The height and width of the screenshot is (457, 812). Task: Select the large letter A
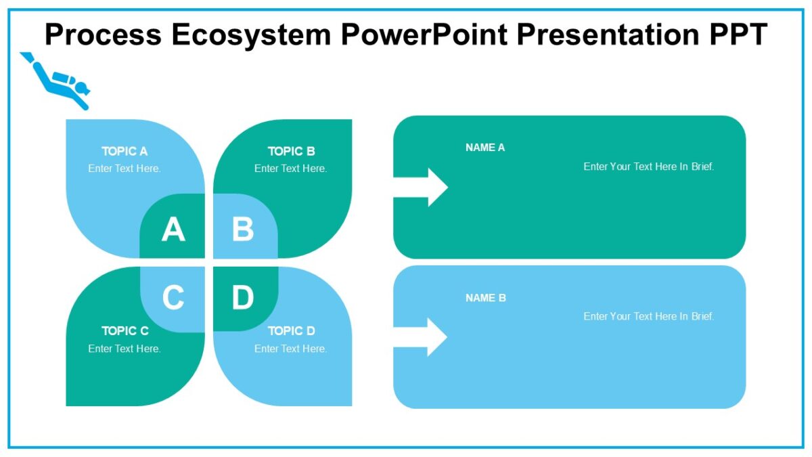click(x=173, y=230)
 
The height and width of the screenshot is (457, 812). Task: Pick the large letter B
click(x=243, y=230)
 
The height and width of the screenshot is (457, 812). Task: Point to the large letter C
click(x=173, y=298)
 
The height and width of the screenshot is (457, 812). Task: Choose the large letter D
click(x=243, y=298)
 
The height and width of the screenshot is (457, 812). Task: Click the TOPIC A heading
click(x=125, y=151)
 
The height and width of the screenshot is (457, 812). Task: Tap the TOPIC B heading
click(x=291, y=151)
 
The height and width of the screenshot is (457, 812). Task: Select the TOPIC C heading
click(x=125, y=331)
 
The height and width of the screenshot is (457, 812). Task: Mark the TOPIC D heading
click(x=291, y=331)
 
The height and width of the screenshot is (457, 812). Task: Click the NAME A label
click(x=485, y=148)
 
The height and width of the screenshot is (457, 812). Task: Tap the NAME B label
click(x=485, y=298)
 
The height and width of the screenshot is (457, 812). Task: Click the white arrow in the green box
click(x=423, y=187)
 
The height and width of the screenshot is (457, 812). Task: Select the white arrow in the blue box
click(x=423, y=337)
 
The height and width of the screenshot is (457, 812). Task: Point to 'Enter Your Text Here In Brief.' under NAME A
click(x=649, y=167)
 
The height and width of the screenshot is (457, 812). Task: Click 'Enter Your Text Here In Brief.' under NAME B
click(x=649, y=316)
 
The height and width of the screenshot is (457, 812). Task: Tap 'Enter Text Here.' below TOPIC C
click(x=125, y=349)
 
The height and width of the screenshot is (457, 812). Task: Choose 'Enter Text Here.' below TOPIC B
click(x=291, y=169)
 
